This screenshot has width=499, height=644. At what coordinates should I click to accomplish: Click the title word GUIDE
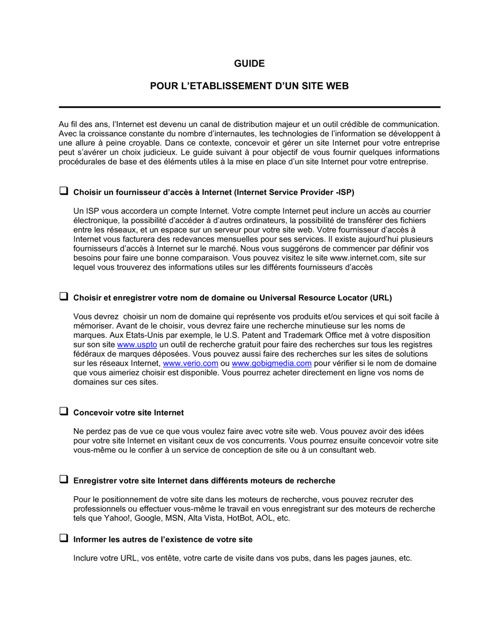click(x=249, y=63)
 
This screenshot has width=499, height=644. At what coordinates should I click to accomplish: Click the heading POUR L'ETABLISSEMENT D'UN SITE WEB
click(x=249, y=86)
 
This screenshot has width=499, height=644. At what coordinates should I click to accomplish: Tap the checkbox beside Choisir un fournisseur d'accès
click(x=64, y=191)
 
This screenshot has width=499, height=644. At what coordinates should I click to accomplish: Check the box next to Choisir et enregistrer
click(x=64, y=296)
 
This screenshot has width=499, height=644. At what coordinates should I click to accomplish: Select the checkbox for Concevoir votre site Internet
click(x=64, y=411)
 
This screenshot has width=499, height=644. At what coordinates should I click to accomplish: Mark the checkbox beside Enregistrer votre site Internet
click(x=64, y=479)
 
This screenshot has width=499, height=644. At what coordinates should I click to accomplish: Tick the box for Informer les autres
click(x=64, y=538)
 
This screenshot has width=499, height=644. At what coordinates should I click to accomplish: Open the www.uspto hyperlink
click(x=137, y=344)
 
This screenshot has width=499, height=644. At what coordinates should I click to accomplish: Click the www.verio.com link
click(x=191, y=363)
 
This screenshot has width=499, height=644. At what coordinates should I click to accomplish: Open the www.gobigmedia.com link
click(x=271, y=363)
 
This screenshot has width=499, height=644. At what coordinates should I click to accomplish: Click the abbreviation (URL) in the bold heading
click(x=381, y=298)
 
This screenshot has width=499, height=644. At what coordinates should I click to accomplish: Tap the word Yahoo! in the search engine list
click(x=118, y=518)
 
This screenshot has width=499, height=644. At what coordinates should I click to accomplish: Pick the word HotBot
click(x=240, y=518)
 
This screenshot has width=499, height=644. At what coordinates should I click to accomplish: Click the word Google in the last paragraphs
click(x=148, y=518)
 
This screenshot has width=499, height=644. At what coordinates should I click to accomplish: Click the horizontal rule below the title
click(x=249, y=107)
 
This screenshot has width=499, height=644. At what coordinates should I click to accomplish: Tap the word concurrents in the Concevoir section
click(x=263, y=441)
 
